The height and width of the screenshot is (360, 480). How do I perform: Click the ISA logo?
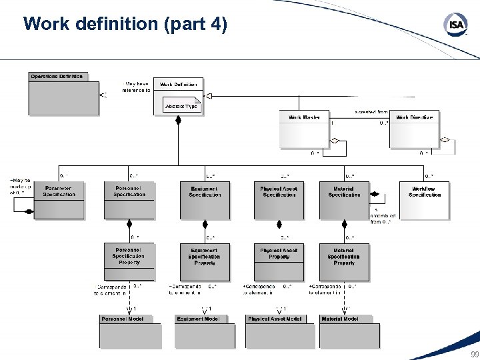456,25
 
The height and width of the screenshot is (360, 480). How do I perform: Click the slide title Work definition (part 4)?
125,25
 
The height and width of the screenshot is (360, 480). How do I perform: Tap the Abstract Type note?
181,105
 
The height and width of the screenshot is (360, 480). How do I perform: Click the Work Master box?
305,129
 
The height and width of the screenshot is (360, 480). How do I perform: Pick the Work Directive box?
414,129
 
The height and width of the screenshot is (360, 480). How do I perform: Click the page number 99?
474,354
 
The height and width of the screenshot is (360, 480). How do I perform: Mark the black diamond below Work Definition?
178,120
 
